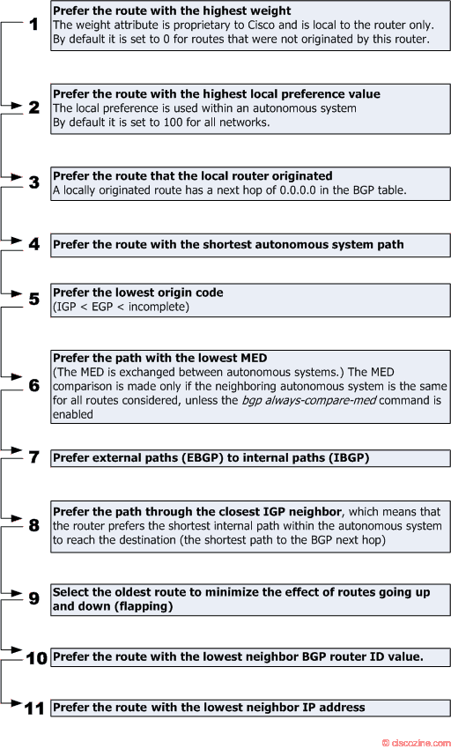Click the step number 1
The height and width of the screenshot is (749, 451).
(34, 24)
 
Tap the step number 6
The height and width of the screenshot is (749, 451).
(34, 385)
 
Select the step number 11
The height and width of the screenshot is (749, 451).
(34, 708)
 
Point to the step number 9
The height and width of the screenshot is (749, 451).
(34, 598)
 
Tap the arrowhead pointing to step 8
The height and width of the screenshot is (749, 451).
(18, 518)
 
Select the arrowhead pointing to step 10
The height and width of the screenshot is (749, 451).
(18, 649)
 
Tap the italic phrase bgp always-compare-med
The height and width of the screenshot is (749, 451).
(308, 400)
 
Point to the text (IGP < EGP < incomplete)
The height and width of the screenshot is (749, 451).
(121, 307)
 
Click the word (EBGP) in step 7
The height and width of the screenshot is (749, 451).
(203, 457)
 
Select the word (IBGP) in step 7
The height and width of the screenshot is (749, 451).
(349, 457)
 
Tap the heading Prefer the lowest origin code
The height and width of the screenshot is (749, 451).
(138, 293)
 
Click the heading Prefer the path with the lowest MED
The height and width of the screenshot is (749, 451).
(160, 358)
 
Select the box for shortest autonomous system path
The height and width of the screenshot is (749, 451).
(250, 245)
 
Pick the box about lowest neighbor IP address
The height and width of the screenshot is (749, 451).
(250, 708)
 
